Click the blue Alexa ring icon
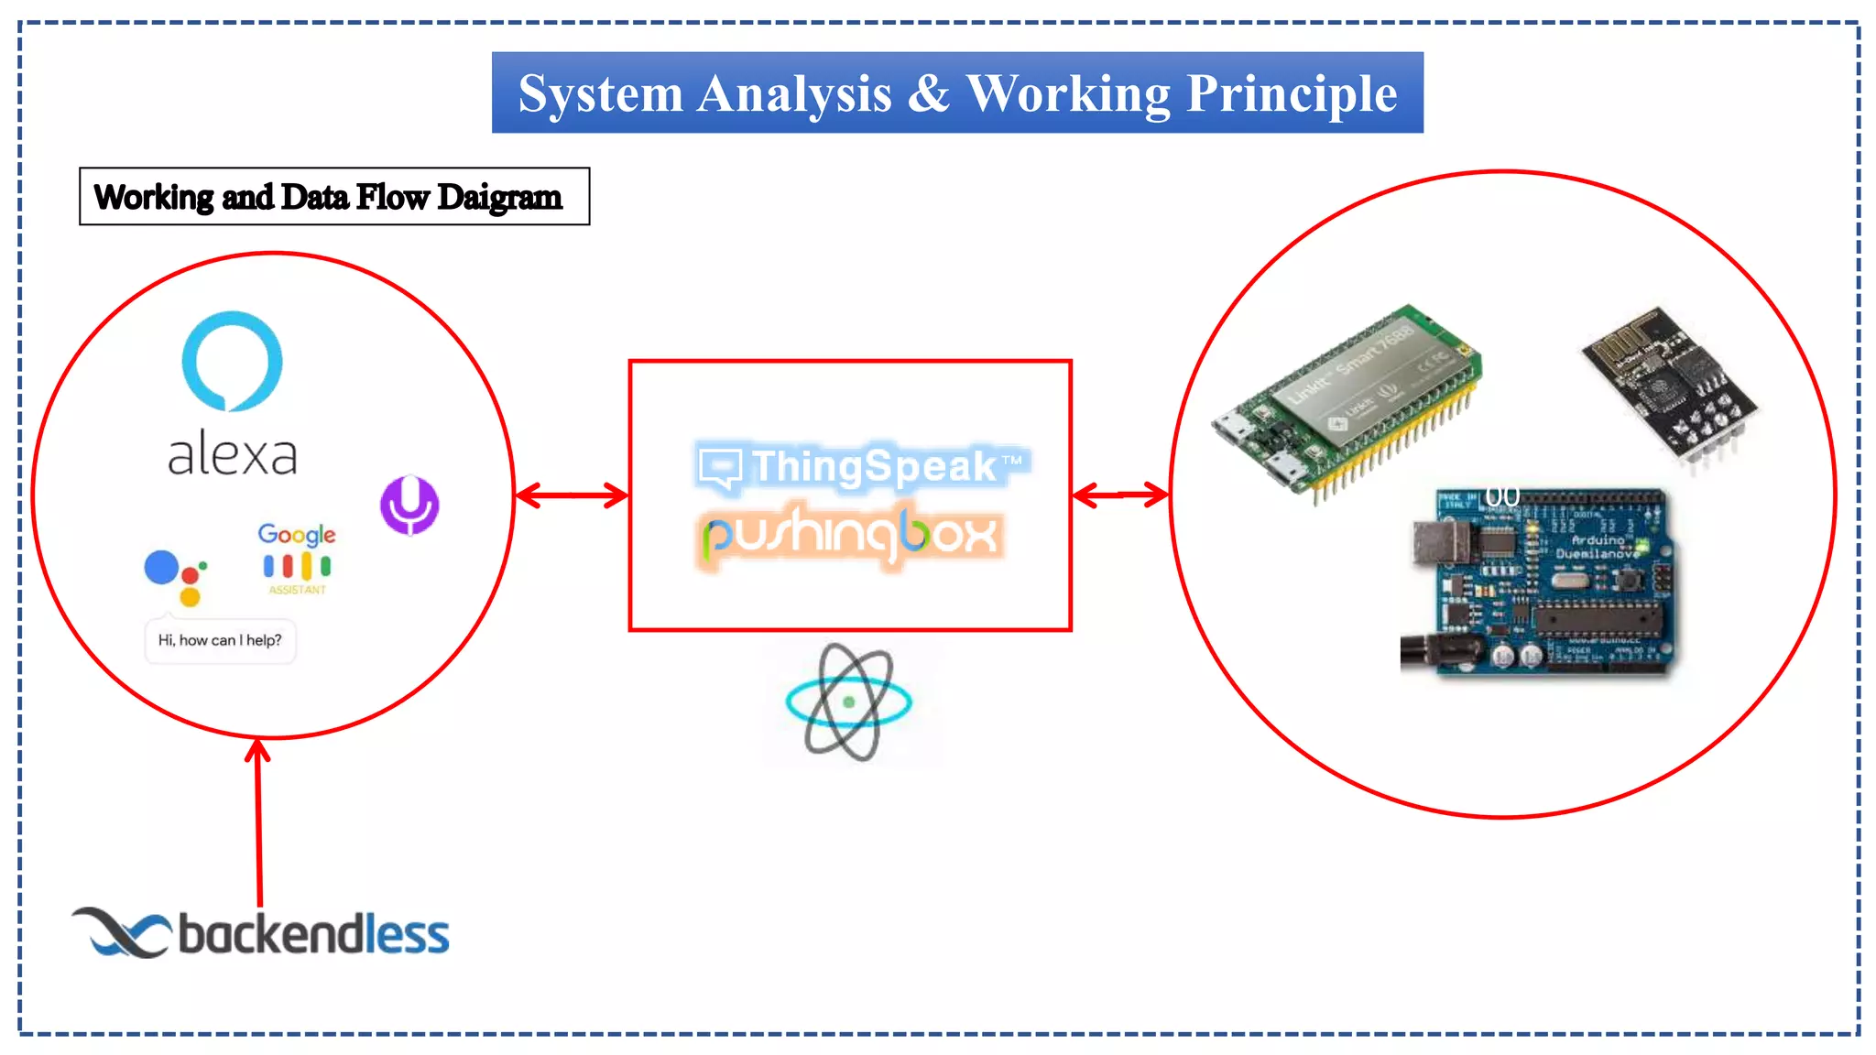[x=232, y=361]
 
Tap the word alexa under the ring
[x=233, y=454]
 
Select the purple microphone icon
[x=409, y=505]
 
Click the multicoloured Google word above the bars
[x=296, y=534]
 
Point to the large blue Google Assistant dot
[x=161, y=567]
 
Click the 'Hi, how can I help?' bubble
[x=220, y=640]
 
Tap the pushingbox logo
[x=849, y=535]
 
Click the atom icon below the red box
[x=848, y=702]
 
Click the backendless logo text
[x=313, y=935]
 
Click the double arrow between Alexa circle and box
[x=572, y=495]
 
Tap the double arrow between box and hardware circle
[x=1119, y=495]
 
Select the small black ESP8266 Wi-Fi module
[x=1669, y=385]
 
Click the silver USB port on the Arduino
[x=1439, y=542]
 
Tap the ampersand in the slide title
[x=929, y=93]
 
